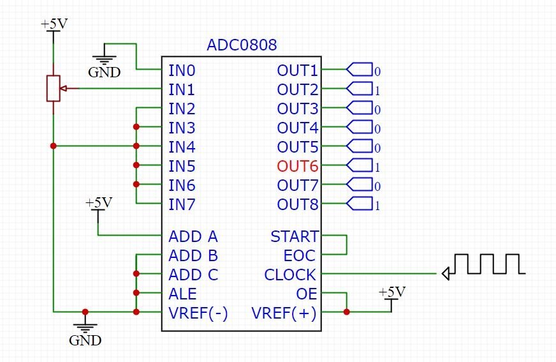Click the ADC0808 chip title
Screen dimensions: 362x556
[242, 45]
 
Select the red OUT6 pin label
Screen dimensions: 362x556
[297, 167]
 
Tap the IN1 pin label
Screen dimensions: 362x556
[181, 90]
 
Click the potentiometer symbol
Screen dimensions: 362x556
[53, 89]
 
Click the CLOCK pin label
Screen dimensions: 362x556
[290, 275]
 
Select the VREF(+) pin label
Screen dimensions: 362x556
[284, 313]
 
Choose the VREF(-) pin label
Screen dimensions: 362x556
[198, 313]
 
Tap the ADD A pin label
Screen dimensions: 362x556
[193, 237]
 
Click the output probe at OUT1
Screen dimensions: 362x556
[360, 70]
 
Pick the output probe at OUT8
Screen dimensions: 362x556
[360, 204]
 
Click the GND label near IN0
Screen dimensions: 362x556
[104, 72]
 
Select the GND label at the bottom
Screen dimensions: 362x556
[85, 340]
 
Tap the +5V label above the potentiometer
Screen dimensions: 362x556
[54, 24]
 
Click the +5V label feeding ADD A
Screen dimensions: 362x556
[98, 203]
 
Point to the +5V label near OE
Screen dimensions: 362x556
[391, 292]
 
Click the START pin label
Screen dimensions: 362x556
[294, 237]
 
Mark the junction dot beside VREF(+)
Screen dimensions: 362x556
[346, 312]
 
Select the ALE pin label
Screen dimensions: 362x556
[182, 294]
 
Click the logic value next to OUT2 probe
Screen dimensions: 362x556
[377, 90]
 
